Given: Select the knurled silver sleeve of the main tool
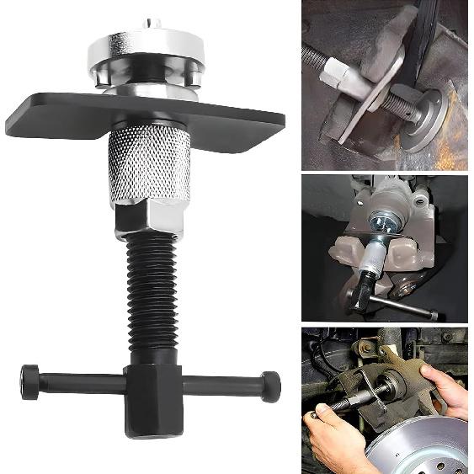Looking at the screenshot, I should (149, 165).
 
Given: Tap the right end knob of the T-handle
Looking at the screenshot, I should (270, 385).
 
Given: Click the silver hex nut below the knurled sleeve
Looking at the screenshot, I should (149, 216).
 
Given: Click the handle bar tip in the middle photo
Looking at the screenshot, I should (434, 317).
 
